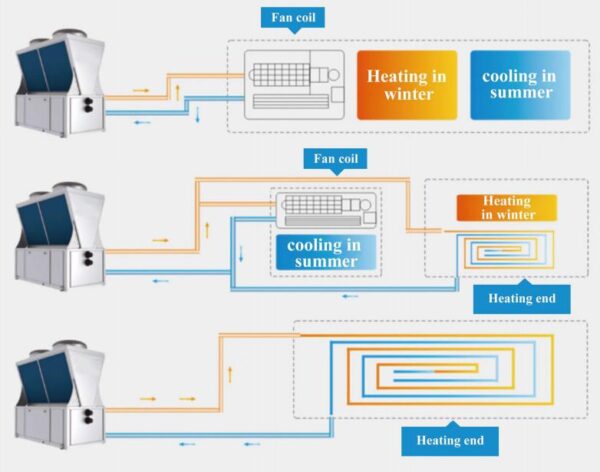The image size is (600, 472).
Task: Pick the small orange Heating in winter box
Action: tap(507, 208)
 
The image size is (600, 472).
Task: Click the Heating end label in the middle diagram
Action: tap(522, 298)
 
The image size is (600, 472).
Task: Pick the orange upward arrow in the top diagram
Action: tap(178, 91)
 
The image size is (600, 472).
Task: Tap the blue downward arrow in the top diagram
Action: tap(197, 117)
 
